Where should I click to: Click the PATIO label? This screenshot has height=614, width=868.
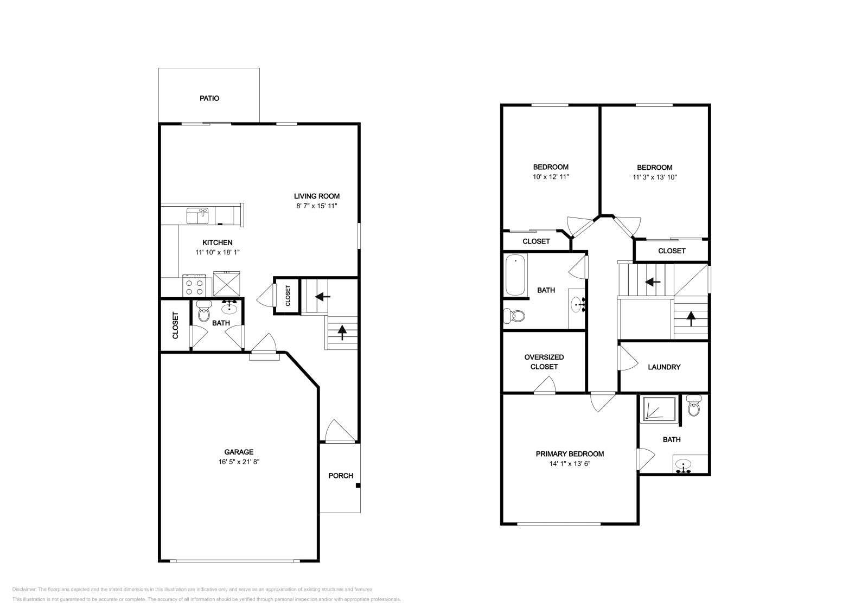(x=209, y=99)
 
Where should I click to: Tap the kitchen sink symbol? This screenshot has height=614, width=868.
(x=198, y=216)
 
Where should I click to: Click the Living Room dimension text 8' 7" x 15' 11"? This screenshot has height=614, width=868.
(x=317, y=206)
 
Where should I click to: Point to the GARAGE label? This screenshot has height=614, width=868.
(x=239, y=452)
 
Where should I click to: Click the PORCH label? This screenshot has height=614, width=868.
(x=341, y=476)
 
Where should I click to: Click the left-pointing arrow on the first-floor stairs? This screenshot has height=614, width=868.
(x=323, y=297)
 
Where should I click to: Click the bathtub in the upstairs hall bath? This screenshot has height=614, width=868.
(x=515, y=275)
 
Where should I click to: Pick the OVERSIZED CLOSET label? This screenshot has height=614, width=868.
(x=544, y=362)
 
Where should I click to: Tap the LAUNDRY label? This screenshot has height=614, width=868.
(x=664, y=367)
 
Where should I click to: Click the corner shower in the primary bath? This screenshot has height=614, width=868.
(x=659, y=409)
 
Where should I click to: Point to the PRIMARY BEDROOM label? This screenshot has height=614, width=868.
(x=570, y=454)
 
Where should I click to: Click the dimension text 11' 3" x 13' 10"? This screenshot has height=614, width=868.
(x=654, y=177)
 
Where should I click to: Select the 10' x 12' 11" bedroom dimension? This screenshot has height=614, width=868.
(x=551, y=177)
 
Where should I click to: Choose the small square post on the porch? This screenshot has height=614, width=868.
(x=358, y=485)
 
